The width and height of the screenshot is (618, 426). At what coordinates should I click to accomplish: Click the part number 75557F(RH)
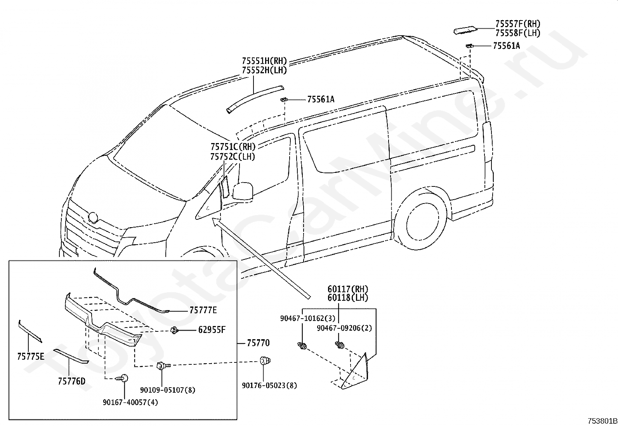[x=518, y=23]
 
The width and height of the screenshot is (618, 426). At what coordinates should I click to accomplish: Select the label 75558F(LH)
[x=518, y=33]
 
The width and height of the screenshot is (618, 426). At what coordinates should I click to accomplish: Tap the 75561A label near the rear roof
[x=506, y=46]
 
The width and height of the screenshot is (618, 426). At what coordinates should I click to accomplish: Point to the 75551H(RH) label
[x=264, y=60]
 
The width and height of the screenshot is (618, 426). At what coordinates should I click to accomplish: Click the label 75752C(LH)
[x=233, y=157]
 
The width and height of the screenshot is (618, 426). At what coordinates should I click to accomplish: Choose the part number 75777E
[x=203, y=310]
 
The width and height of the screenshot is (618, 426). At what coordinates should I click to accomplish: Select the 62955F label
[x=212, y=329]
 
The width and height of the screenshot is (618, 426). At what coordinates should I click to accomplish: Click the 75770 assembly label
[x=258, y=343]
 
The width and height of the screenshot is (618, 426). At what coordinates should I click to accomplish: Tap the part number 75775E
[x=31, y=357]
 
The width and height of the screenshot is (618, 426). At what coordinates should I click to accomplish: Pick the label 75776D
[x=72, y=381]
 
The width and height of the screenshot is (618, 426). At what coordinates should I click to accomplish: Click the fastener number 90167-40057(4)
[x=130, y=403]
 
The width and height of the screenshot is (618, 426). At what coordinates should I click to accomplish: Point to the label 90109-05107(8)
[x=168, y=390]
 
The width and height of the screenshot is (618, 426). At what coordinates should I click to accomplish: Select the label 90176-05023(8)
[x=269, y=386]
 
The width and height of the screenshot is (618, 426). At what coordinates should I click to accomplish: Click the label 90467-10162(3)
[x=308, y=318]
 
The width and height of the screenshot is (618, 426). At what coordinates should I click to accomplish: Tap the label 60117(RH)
[x=348, y=289]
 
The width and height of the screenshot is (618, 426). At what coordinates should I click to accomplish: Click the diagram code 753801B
[x=602, y=421]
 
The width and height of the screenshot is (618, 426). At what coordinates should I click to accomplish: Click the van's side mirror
[x=243, y=191]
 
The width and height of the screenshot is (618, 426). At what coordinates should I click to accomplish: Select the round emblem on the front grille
[x=93, y=217]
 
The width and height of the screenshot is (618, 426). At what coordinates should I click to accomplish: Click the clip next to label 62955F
[x=174, y=330]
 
